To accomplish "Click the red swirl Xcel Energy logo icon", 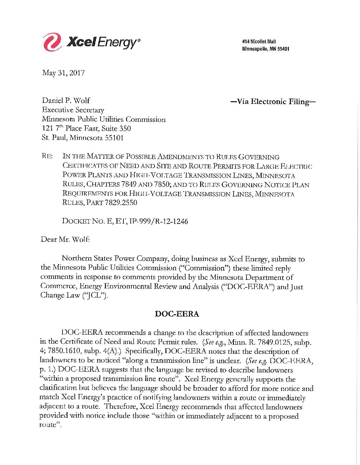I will coord(52,42).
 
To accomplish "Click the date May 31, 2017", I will coord(63,73).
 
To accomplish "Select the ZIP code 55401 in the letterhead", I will coord(283,49).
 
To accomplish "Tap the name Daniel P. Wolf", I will coord(66,101).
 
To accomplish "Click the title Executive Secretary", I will coord(73,110).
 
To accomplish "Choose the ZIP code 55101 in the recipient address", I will coord(114,138).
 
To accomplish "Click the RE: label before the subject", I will coord(47,156).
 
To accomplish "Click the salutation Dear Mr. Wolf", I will coord(65,239).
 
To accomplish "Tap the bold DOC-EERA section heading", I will coord(177,314).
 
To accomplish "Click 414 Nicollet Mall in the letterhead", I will coord(259,42).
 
